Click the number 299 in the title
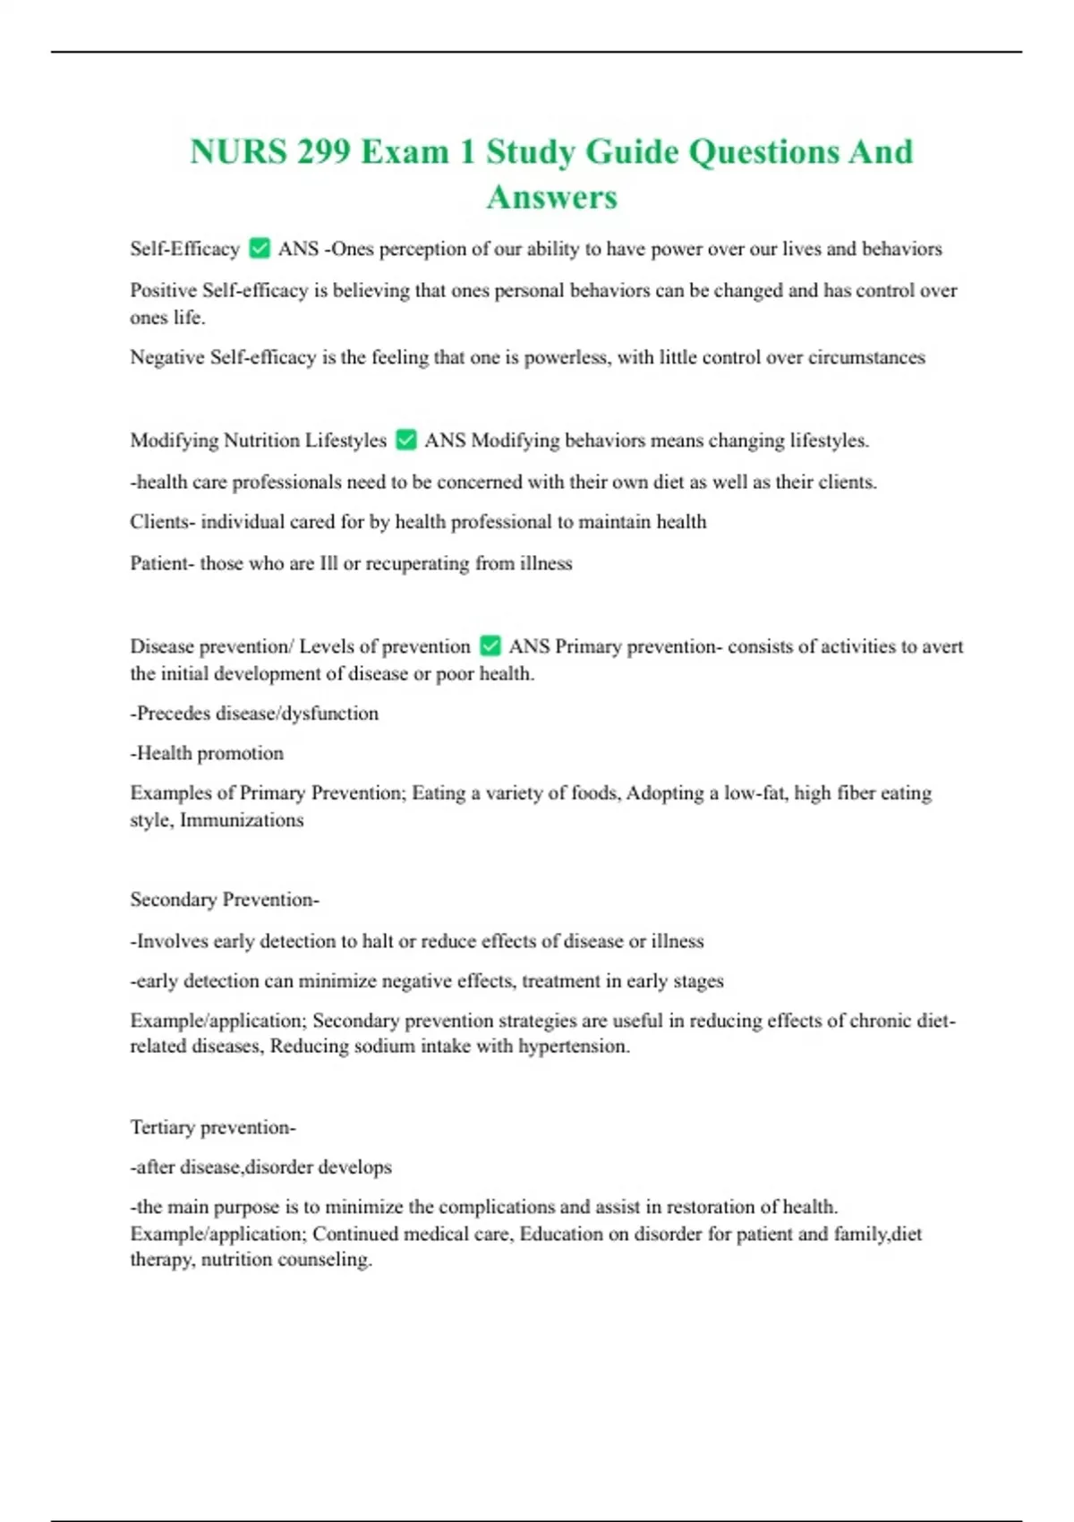tap(324, 152)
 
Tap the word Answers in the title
tap(551, 198)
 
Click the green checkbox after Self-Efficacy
tap(260, 248)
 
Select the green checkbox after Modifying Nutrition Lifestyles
tap(405, 440)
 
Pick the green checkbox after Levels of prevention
tap(490, 646)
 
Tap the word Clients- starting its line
tap(162, 522)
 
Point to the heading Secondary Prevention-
tap(225, 900)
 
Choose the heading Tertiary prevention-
tap(213, 1127)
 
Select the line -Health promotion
tap(207, 753)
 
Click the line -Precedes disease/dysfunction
tap(254, 714)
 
